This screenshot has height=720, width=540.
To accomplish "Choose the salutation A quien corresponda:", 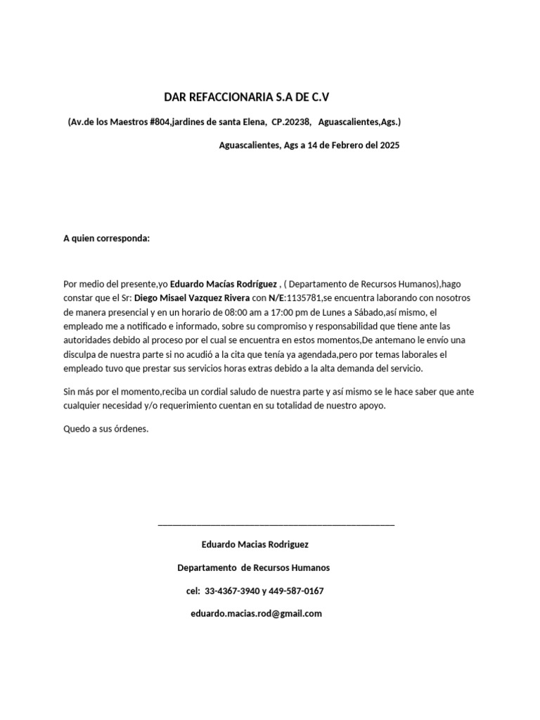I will click(x=106, y=238).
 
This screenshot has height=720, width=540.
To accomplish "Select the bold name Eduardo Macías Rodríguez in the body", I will click(x=224, y=283).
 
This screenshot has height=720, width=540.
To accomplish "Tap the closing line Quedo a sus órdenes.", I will click(x=106, y=429).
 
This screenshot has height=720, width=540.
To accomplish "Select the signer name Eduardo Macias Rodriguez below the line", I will click(x=255, y=544).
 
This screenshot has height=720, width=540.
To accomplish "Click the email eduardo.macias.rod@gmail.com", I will click(x=256, y=613).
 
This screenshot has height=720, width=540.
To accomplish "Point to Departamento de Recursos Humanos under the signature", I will click(x=253, y=567).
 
